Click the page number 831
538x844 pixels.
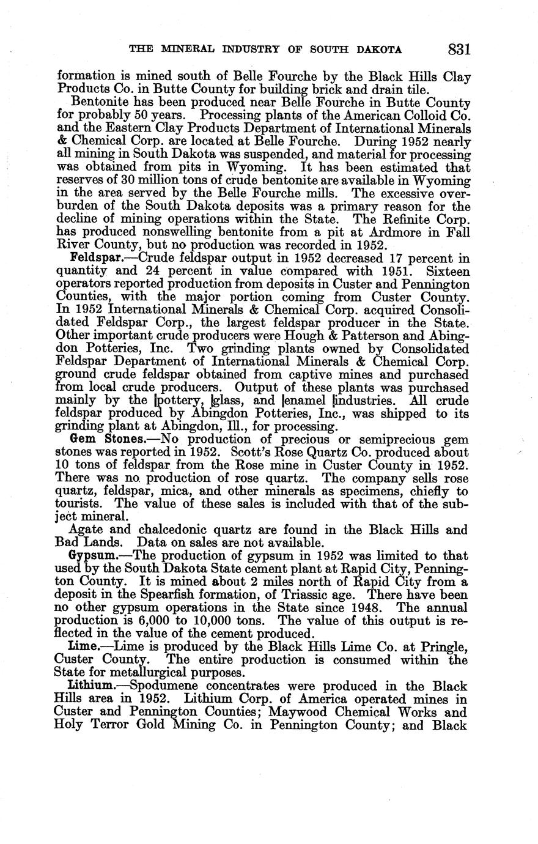[x=459, y=50]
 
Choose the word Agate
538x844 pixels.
[x=87, y=530]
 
